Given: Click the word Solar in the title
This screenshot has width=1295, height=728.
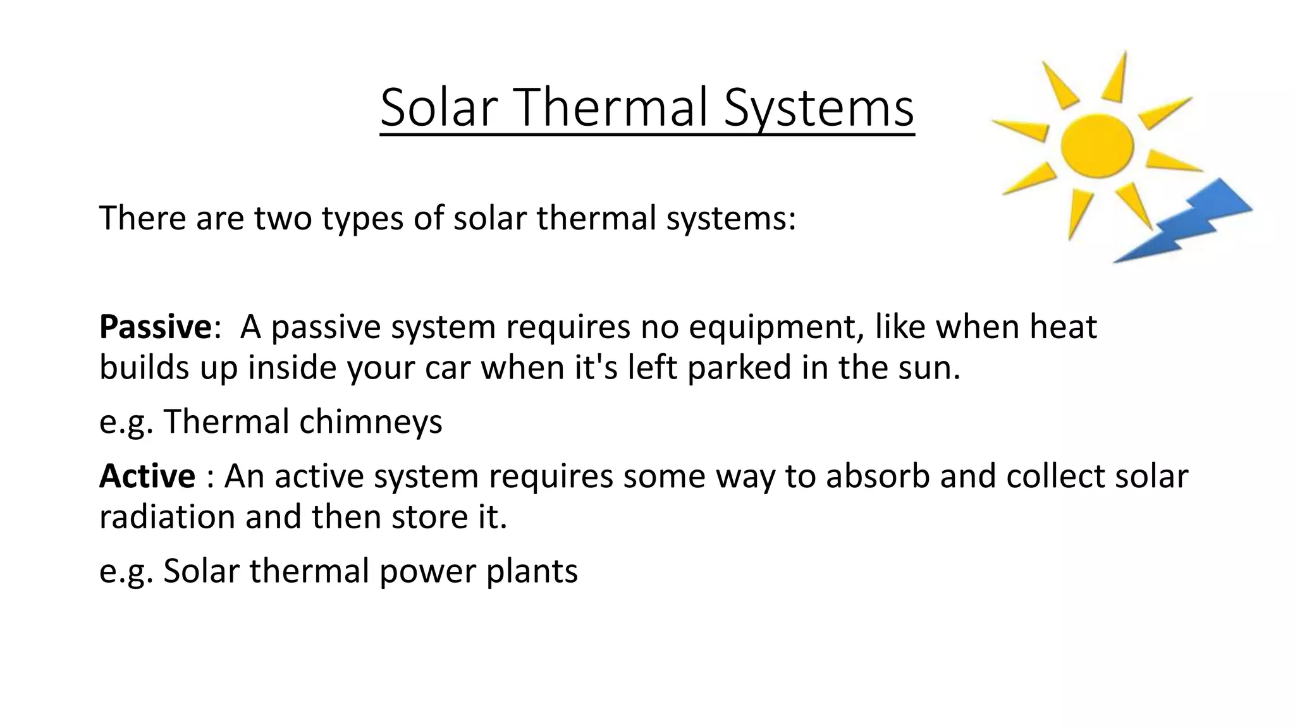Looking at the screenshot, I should [x=436, y=107].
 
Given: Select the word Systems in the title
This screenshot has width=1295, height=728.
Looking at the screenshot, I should [x=819, y=107].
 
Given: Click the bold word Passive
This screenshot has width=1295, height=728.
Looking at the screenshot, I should [x=155, y=327].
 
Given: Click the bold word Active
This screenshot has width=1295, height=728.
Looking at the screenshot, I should [x=147, y=476].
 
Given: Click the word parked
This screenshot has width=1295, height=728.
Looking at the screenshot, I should [x=739, y=368].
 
